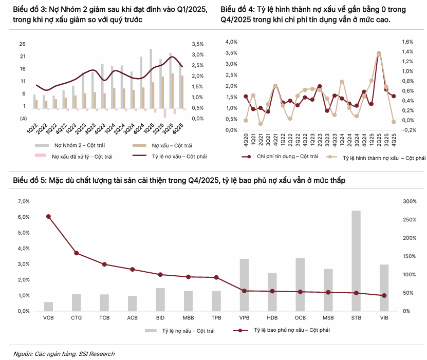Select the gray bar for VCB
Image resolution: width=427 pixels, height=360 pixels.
[48, 306]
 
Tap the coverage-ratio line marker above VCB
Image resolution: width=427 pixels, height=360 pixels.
[48, 217]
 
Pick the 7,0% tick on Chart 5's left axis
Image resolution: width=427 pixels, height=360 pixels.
[24, 201]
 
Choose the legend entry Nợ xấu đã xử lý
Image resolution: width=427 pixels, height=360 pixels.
[76, 156]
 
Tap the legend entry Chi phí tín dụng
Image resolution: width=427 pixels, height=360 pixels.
[281, 156]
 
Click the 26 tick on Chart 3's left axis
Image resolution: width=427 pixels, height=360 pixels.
[23, 44]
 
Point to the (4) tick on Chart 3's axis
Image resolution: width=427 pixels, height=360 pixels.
[23, 119]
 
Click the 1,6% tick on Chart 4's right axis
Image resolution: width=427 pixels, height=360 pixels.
[407, 42]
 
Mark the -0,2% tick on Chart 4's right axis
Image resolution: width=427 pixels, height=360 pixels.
[408, 130]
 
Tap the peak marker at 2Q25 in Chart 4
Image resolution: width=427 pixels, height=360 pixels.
[379, 54]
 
